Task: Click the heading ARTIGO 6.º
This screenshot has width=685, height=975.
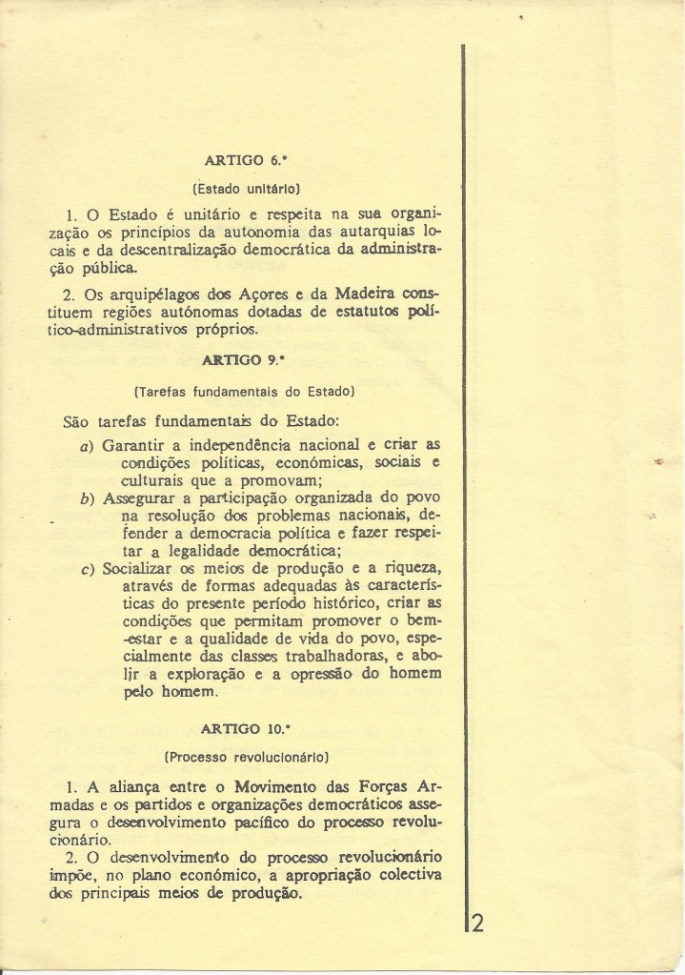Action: pos(247,161)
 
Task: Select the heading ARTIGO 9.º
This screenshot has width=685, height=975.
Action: pos(247,362)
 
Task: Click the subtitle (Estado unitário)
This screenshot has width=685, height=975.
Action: pos(247,189)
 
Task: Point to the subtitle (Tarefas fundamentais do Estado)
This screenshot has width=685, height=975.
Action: pos(246,390)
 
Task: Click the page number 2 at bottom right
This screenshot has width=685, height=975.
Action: pos(478,924)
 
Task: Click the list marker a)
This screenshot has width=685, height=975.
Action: pos(87,447)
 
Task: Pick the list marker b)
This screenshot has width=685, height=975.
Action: pos(87,498)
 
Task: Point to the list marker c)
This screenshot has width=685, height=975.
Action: pos(87,571)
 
